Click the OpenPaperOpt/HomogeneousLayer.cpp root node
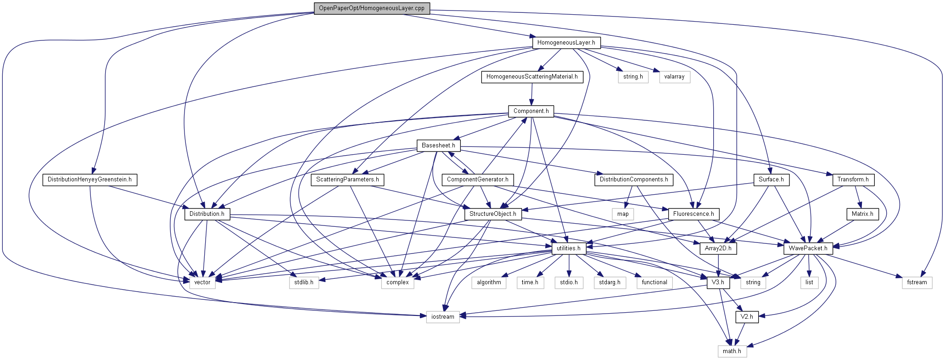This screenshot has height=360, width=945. pos(371,8)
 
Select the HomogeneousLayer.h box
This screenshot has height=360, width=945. pos(566,43)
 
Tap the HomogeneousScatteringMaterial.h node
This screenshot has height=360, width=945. pos(532,77)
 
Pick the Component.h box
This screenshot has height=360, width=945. pos(531,111)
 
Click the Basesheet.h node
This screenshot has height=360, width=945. pos(438,146)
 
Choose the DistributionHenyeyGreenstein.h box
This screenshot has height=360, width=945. pos(89,180)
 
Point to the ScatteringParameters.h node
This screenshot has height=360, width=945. pos(347,180)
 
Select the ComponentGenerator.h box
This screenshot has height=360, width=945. pos(477,180)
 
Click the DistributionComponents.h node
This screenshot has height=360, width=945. pos(634,180)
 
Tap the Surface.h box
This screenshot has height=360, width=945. pos(771,180)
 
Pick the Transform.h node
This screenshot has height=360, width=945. pos(853,180)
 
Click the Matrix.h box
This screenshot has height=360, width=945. pos(862,214)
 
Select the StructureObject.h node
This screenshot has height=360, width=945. pos(492,214)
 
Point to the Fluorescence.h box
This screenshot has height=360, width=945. pos(693,214)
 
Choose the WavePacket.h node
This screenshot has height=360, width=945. pos(808,248)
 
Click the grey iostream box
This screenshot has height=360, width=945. pos(443,317)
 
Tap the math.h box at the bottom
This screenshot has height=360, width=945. pos(732,351)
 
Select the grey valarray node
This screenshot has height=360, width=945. pos(674,77)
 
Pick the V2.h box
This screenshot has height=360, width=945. pos(747,317)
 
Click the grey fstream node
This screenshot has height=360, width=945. pos(917,282)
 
